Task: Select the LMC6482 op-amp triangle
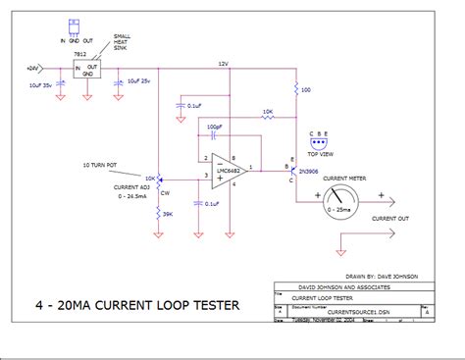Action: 228,169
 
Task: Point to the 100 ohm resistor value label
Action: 307,90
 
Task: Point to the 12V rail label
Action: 223,63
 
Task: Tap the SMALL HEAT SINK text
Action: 126,40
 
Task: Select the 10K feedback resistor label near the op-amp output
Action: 268,112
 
